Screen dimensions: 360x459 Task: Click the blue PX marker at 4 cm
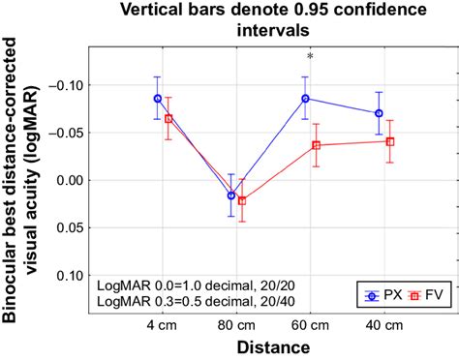pyautogui.click(x=157, y=98)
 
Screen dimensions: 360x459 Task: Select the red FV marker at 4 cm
pyautogui.click(x=168, y=119)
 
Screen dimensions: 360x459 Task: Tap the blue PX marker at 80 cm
pyautogui.click(x=230, y=195)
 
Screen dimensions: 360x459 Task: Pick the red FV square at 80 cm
pyautogui.click(x=242, y=201)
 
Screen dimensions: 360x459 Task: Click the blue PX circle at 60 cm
pyautogui.click(x=306, y=98)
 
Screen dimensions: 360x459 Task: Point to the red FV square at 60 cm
pyautogui.click(x=317, y=145)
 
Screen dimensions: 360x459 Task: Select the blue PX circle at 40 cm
pyautogui.click(x=379, y=112)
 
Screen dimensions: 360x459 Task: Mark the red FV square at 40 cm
pyautogui.click(x=390, y=141)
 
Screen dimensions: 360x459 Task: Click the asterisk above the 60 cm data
pyautogui.click(x=310, y=58)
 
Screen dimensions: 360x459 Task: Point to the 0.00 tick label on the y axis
pyautogui.click(x=70, y=180)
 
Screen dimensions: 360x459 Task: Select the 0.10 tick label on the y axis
pyautogui.click(x=70, y=275)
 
